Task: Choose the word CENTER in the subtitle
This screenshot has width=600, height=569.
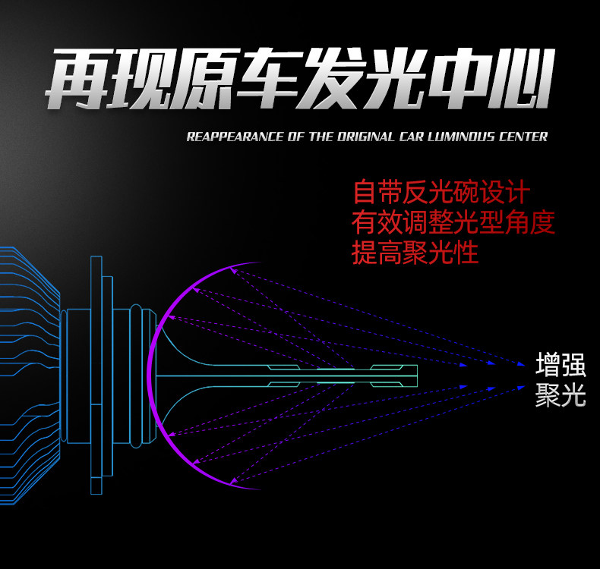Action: click(522, 137)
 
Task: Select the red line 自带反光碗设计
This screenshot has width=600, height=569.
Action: click(441, 192)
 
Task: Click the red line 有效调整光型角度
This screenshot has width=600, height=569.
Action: click(453, 222)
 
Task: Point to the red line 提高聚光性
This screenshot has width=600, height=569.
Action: click(415, 253)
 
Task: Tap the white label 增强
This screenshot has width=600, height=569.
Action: click(561, 366)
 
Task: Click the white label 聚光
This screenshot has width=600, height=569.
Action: click(561, 395)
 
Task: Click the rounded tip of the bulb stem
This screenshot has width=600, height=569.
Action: click(415, 375)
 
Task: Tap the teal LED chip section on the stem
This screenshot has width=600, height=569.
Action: click(334, 375)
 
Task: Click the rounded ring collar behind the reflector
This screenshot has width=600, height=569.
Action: click(136, 375)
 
